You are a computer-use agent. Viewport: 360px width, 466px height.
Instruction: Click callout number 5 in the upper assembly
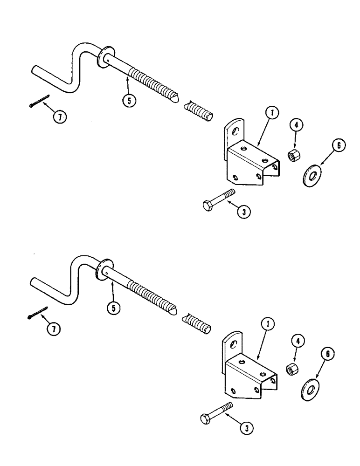[x=127, y=99]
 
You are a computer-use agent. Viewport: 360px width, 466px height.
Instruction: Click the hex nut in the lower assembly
[x=291, y=369]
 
